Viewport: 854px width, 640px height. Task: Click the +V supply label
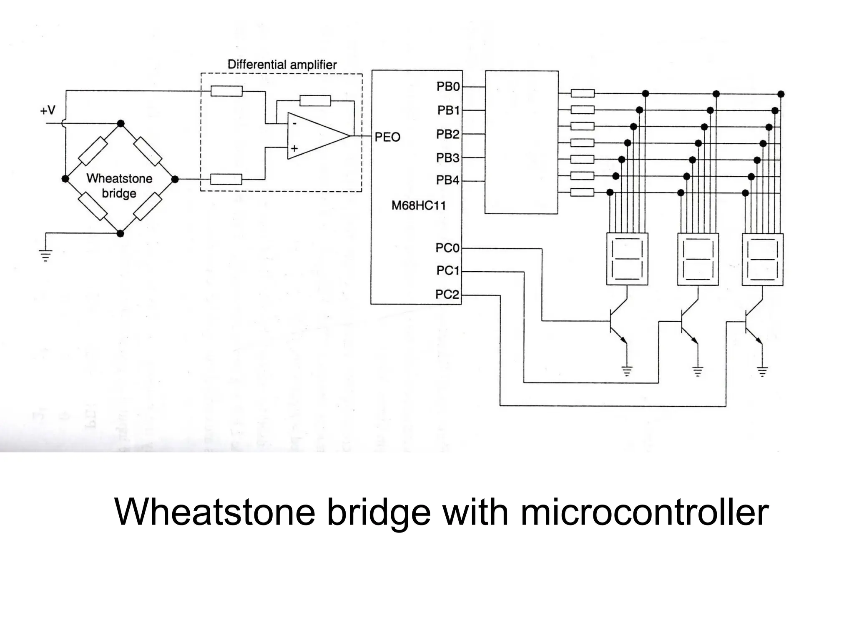[48, 110]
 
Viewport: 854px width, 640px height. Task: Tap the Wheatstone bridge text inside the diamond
[119, 186]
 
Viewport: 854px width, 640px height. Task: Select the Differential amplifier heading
[282, 65]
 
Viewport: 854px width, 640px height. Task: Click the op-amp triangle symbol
[315, 136]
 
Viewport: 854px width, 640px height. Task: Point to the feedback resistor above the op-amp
[315, 101]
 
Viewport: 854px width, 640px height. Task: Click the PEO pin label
[387, 137]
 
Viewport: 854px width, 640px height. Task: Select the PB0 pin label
[448, 87]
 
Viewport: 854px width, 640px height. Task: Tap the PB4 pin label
[447, 180]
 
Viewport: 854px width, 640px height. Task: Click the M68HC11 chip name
[418, 206]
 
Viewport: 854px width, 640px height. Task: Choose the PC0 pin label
[447, 248]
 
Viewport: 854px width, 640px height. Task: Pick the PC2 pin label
[447, 295]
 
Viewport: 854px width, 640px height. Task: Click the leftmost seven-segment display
[627, 259]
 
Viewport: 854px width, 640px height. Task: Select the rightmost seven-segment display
[762, 259]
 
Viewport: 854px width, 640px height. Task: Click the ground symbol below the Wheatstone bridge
[45, 255]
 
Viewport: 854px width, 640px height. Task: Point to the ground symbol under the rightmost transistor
[762, 371]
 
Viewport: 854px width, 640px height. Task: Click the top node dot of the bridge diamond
[121, 123]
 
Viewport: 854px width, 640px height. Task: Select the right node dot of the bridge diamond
[175, 179]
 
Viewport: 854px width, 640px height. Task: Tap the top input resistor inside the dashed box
[226, 90]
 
